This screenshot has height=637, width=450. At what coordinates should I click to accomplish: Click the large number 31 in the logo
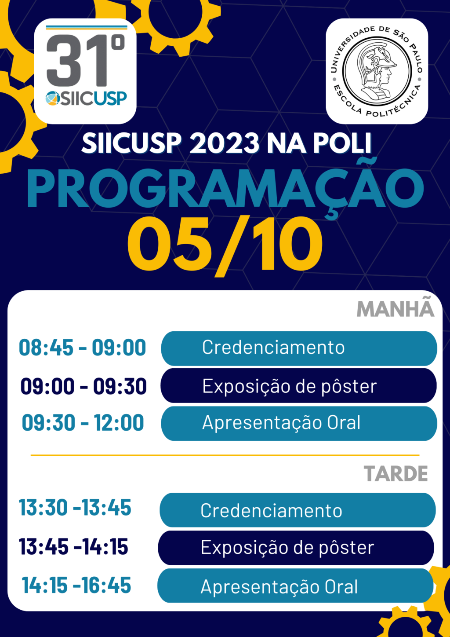[x=77, y=61]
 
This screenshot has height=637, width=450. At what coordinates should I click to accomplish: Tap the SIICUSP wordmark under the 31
[x=86, y=99]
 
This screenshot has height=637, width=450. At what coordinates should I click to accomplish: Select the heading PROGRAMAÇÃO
[x=225, y=189]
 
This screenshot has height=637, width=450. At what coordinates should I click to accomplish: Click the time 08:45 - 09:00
[x=82, y=348]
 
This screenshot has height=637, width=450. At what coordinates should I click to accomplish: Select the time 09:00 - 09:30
[x=83, y=386]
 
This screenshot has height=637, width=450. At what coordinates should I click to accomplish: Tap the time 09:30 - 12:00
[x=83, y=423]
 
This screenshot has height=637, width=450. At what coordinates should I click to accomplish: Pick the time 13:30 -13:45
[x=75, y=507]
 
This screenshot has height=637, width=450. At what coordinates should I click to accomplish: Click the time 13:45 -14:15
[x=73, y=546]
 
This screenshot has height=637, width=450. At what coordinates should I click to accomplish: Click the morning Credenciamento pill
[x=299, y=348]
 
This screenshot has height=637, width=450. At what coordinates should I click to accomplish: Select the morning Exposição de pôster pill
[x=298, y=386]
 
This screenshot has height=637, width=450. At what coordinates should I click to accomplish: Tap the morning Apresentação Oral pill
[x=299, y=424]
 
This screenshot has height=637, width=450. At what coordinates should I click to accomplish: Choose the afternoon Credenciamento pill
[x=298, y=510]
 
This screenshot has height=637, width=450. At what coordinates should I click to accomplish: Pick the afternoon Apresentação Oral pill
[x=295, y=586]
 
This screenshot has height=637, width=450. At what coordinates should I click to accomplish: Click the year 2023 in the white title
[x=224, y=143]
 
